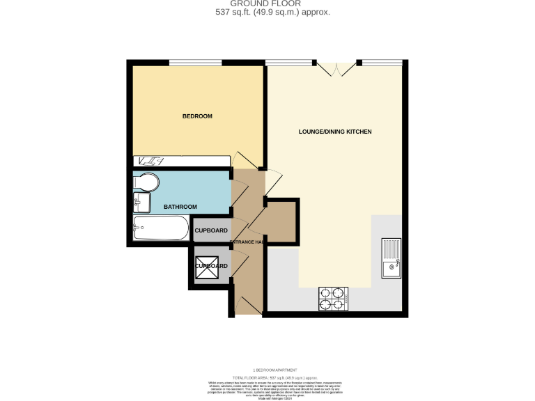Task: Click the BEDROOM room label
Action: (x=197, y=116)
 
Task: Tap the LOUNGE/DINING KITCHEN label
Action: (x=335, y=132)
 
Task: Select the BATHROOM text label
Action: (x=180, y=207)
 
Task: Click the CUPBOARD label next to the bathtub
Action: (x=210, y=230)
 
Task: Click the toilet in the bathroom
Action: (x=146, y=182)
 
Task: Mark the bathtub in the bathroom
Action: (x=161, y=228)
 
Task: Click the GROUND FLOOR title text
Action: (x=267, y=3)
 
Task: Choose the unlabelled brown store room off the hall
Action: (x=281, y=222)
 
